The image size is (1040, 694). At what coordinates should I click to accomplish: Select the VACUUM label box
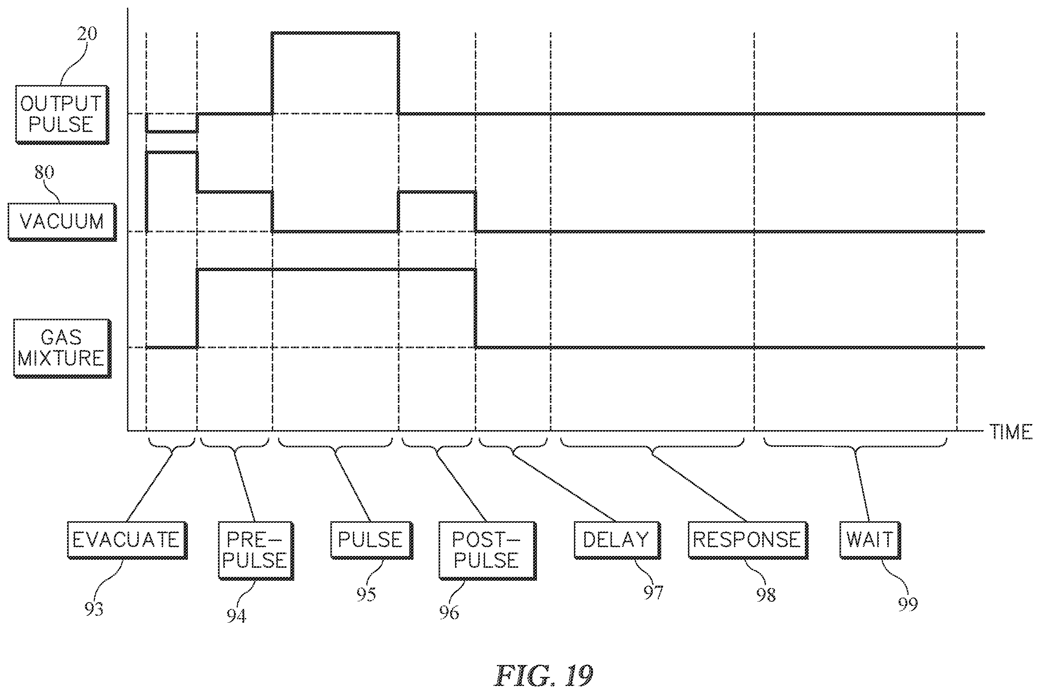[62, 222]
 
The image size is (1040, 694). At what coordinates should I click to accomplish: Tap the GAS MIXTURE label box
[62, 348]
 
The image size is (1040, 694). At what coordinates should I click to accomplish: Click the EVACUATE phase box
[127, 540]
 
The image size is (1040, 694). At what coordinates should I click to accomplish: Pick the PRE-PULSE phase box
[256, 551]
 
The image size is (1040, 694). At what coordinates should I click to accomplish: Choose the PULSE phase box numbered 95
[372, 540]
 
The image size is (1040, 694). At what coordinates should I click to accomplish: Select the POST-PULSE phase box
[487, 551]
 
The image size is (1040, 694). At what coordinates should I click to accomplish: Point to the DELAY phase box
[617, 540]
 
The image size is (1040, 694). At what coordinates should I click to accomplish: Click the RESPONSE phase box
[748, 540]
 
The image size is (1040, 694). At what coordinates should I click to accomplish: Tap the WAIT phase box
[870, 540]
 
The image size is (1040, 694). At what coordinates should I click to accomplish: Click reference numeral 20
[87, 34]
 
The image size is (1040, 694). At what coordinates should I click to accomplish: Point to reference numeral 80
[44, 172]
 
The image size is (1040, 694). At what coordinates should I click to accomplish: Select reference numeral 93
[94, 609]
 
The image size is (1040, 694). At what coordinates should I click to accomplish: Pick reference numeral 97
[653, 592]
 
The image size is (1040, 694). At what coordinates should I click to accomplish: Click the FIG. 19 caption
[544, 676]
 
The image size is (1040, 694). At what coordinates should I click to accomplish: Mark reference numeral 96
[449, 612]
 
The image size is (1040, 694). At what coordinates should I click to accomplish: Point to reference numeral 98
[766, 595]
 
